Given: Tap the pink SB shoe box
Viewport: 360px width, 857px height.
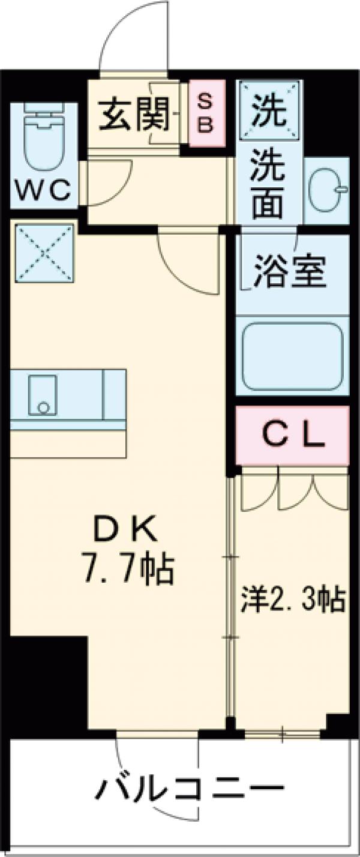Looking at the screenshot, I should [x=205, y=114].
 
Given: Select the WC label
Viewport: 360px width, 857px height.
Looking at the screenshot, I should [x=43, y=191].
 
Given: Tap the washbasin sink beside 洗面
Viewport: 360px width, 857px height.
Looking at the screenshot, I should [x=326, y=190].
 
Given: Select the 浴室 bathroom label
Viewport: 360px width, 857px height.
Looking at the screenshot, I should [x=291, y=271].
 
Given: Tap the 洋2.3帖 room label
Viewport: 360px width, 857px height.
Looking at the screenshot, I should [x=293, y=600].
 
